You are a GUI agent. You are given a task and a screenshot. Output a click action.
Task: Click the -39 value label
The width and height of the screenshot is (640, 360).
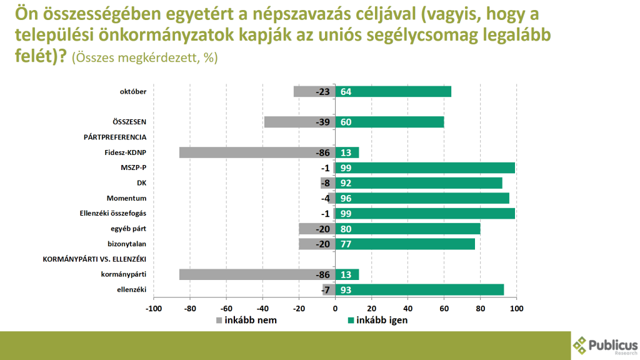tap(323, 122)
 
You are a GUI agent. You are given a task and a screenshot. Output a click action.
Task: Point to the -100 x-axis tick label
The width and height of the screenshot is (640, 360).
tap(153, 309)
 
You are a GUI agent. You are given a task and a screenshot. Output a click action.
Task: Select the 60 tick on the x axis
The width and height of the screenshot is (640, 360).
tap(444, 309)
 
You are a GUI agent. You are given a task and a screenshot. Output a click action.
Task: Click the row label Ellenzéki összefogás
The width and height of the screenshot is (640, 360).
tap(113, 214)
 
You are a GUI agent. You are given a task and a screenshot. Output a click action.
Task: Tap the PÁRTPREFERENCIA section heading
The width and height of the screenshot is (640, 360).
tap(115, 137)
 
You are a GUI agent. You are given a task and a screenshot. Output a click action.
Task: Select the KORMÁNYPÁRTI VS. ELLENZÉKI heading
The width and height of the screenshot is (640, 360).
tap(94, 259)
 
